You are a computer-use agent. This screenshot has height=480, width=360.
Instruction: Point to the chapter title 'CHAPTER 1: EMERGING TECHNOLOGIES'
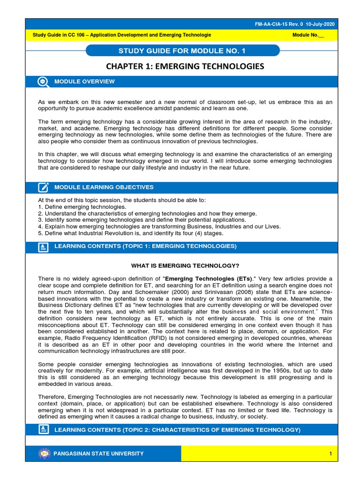[185, 67]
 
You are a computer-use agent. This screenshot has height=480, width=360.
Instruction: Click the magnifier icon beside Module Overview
[43, 82]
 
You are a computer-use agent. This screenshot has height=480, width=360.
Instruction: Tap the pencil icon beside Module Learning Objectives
[43, 187]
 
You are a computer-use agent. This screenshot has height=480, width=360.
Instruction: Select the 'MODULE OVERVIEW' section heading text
[84, 82]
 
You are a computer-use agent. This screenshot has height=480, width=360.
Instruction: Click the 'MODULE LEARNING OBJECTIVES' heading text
[104, 187]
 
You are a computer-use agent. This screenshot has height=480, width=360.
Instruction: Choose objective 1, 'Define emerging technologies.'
[82, 207]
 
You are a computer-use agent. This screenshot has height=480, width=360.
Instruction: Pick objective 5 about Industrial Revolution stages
[130, 233]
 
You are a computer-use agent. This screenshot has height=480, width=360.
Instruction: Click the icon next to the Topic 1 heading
[43, 247]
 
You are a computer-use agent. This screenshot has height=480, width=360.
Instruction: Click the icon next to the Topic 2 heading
[43, 429]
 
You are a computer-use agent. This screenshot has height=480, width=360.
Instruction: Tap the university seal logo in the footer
[44, 453]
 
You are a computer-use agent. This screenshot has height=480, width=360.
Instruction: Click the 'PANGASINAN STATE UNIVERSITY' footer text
[99, 453]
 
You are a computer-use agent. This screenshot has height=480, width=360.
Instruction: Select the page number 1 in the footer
[330, 454]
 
